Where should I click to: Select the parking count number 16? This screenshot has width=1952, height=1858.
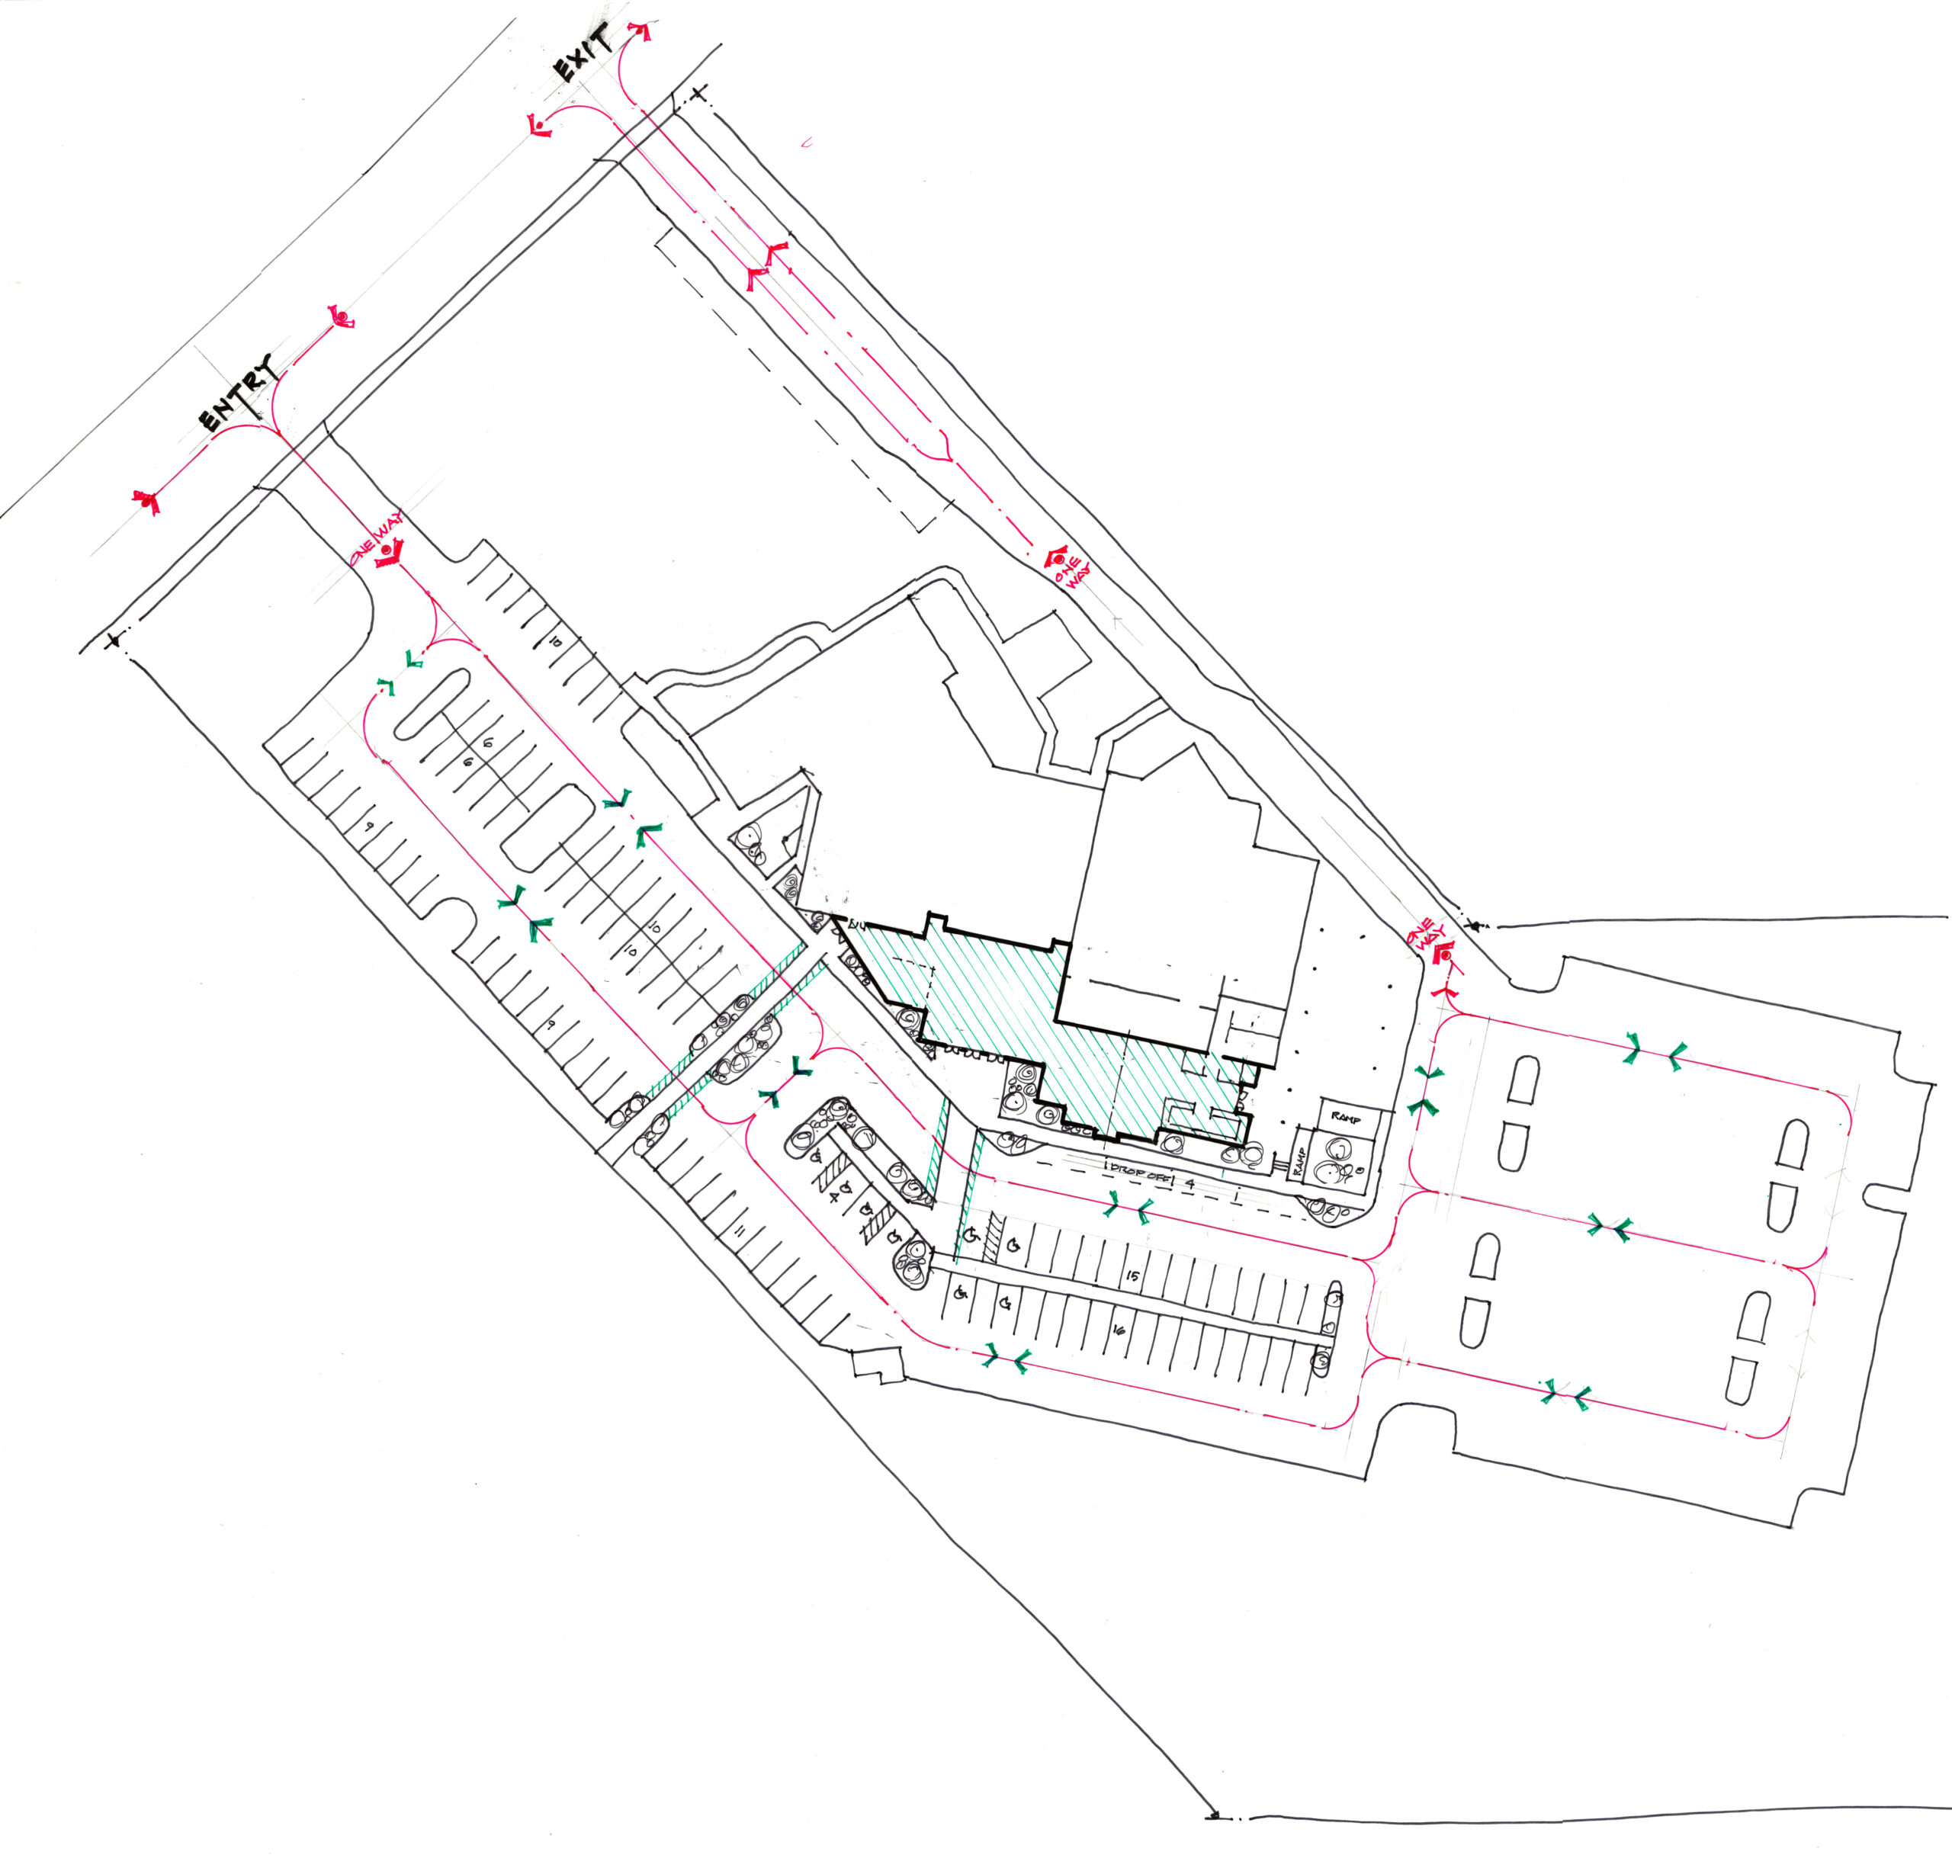point(1120,1331)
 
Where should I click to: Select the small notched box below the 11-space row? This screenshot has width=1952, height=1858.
point(878,1365)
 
